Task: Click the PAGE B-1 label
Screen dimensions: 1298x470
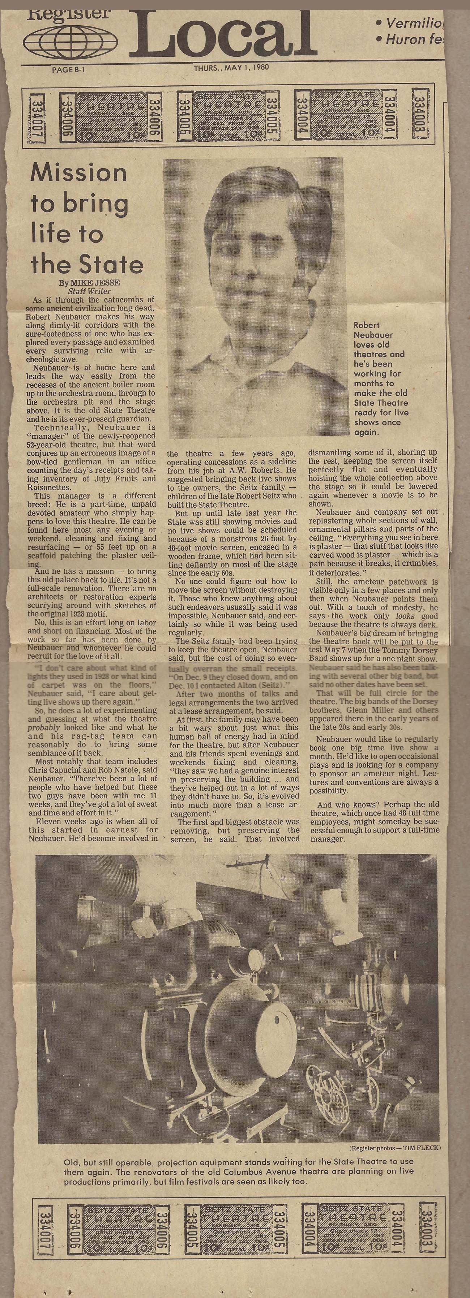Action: click(68, 69)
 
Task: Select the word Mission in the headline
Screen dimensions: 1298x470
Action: click(78, 173)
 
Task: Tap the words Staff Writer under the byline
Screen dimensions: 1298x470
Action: click(89, 291)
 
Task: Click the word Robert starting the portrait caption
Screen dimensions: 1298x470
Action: click(366, 326)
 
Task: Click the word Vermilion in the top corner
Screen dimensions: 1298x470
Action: click(414, 23)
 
